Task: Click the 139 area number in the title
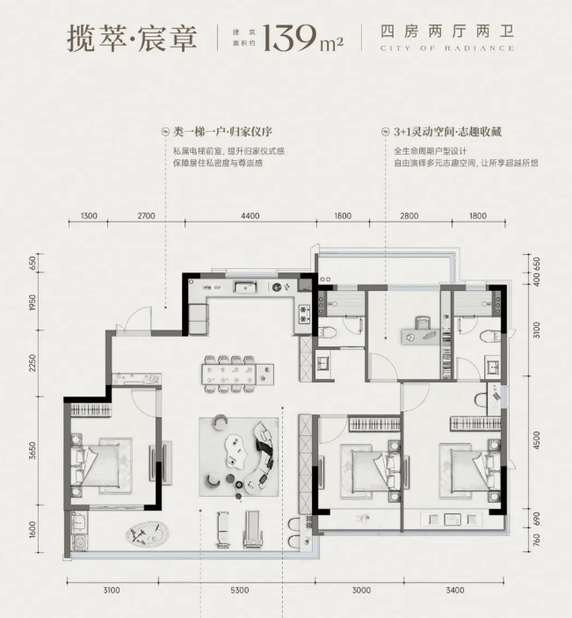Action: (x=290, y=38)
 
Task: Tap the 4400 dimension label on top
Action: (x=250, y=216)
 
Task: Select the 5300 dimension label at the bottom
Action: (x=240, y=590)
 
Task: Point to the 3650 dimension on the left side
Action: (x=33, y=450)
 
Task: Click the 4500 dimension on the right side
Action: (x=536, y=440)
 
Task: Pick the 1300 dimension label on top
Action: (x=89, y=216)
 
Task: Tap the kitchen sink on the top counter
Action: (x=245, y=287)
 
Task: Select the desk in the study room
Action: (x=421, y=337)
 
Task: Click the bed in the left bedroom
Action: (x=102, y=465)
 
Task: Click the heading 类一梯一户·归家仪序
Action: (x=222, y=132)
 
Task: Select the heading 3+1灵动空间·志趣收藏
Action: (x=448, y=132)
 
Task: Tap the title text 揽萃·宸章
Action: (x=132, y=38)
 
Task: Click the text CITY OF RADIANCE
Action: (x=447, y=48)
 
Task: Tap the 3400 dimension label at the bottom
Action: (x=455, y=590)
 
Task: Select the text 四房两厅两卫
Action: (x=447, y=32)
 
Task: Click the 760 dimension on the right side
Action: (x=536, y=541)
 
